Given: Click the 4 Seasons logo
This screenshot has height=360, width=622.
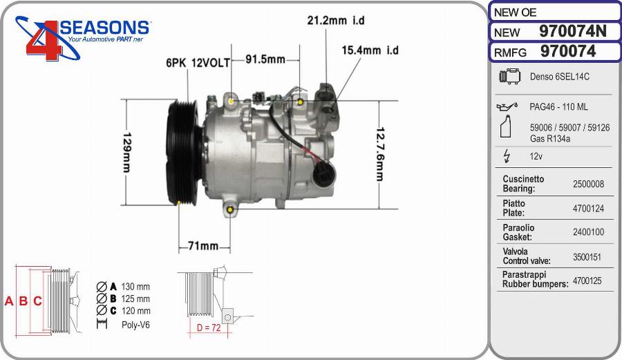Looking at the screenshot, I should pyautogui.click(x=83, y=38).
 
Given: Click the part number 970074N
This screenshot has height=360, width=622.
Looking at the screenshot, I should pyautogui.click(x=572, y=32).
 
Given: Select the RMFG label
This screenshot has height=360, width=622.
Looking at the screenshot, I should pyautogui.click(x=511, y=52).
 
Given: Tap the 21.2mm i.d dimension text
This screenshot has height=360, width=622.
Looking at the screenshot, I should pyautogui.click(x=335, y=21).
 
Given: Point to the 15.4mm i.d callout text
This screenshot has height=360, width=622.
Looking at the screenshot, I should pyautogui.click(x=370, y=50).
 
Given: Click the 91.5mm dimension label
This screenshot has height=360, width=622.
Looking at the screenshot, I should pyautogui.click(x=265, y=59).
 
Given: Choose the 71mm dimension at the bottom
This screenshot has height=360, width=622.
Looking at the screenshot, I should pyautogui.click(x=203, y=246).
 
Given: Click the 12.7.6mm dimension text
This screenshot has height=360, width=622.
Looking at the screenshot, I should pyautogui.click(x=379, y=153).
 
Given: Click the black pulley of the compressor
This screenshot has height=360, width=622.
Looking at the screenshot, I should pyautogui.click(x=181, y=152).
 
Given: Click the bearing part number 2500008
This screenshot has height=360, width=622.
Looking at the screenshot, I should pyautogui.click(x=588, y=184).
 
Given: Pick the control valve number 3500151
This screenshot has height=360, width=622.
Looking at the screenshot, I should pyautogui.click(x=588, y=256).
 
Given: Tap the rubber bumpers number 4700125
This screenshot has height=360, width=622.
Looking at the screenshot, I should pyautogui.click(x=588, y=281).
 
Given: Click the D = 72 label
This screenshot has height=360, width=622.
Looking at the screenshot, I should pyautogui.click(x=208, y=328).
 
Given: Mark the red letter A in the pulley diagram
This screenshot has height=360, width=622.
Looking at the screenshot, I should pyautogui.click(x=9, y=301).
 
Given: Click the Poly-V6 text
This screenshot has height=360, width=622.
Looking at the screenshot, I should pyautogui.click(x=135, y=324).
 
